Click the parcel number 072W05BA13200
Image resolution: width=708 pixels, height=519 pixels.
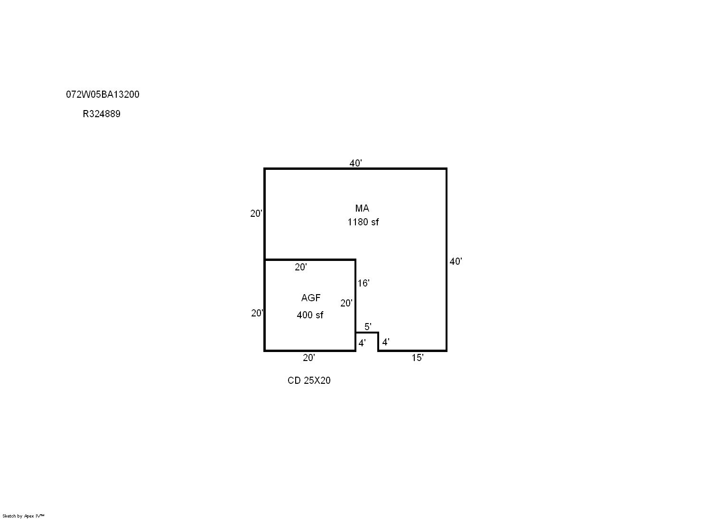click(102, 94)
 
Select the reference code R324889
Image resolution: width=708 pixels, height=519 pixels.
click(102, 114)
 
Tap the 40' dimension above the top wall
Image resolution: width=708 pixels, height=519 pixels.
click(355, 163)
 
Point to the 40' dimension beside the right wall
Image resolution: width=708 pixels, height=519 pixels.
click(456, 261)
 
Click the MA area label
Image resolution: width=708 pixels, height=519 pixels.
click(362, 208)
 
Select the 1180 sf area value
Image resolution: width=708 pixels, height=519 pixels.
click(363, 222)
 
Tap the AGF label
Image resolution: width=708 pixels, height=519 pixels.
click(311, 298)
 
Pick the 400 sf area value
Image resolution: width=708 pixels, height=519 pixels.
click(310, 315)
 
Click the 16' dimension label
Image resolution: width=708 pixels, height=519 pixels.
click(363, 283)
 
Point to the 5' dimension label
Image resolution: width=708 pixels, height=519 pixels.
click(368, 327)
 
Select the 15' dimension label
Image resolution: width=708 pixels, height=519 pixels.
click(418, 358)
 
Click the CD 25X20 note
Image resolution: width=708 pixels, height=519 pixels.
click(309, 380)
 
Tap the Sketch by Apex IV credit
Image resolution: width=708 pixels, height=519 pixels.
click(23, 516)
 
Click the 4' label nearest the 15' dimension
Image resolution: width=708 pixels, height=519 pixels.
click(386, 342)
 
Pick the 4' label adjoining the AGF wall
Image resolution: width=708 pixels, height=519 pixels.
click(362, 343)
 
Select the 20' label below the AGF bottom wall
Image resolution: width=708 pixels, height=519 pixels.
click(309, 358)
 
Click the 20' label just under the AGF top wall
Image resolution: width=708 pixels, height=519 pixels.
click(300, 268)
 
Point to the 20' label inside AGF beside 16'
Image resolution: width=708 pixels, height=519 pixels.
click(346, 304)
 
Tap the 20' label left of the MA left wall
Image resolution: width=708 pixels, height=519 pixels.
click(256, 213)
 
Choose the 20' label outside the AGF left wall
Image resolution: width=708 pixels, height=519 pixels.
click(257, 313)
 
